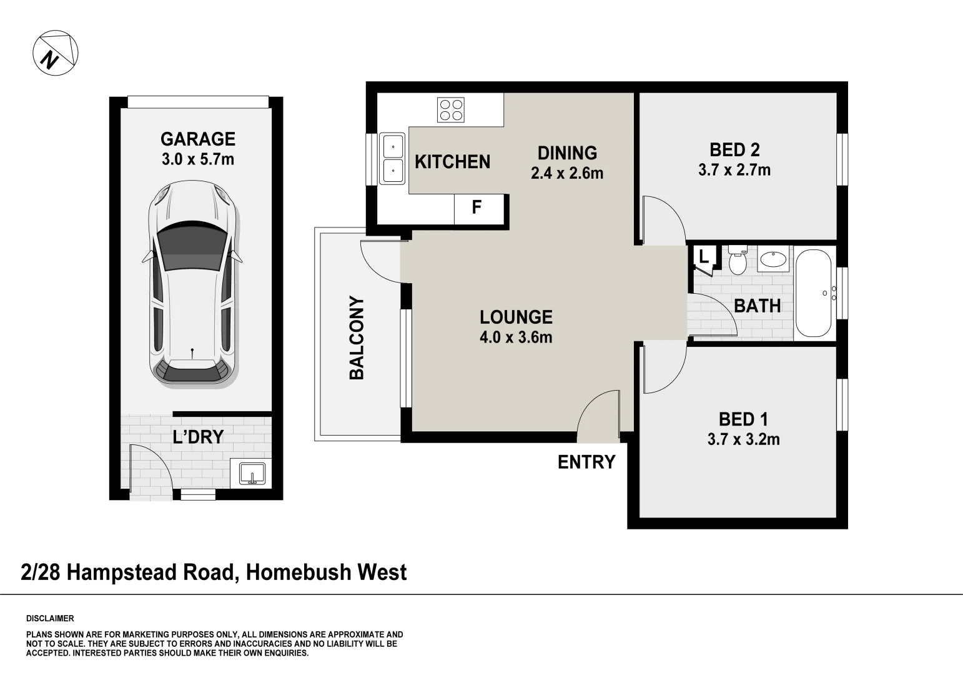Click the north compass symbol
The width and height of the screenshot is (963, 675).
(55, 52)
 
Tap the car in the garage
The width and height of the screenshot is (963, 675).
(192, 284)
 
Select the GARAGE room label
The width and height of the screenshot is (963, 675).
(197, 139)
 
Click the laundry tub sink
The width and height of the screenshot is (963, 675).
(251, 473)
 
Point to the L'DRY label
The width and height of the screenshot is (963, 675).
(198, 437)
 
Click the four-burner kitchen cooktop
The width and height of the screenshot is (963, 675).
(451, 110)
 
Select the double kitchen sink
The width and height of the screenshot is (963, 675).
(392, 159)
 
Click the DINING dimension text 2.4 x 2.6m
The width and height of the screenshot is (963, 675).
(567, 173)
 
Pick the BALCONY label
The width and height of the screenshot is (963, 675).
(357, 337)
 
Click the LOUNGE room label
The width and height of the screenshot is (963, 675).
(516, 317)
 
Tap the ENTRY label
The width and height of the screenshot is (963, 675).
(586, 462)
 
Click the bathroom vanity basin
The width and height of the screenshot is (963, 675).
(774, 259)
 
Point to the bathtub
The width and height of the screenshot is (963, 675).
(814, 293)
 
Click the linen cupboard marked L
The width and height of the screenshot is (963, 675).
(704, 257)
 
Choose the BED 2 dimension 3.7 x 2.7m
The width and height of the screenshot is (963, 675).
(734, 170)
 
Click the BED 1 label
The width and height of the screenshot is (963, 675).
(743, 419)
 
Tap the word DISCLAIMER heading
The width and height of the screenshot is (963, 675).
(50, 619)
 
